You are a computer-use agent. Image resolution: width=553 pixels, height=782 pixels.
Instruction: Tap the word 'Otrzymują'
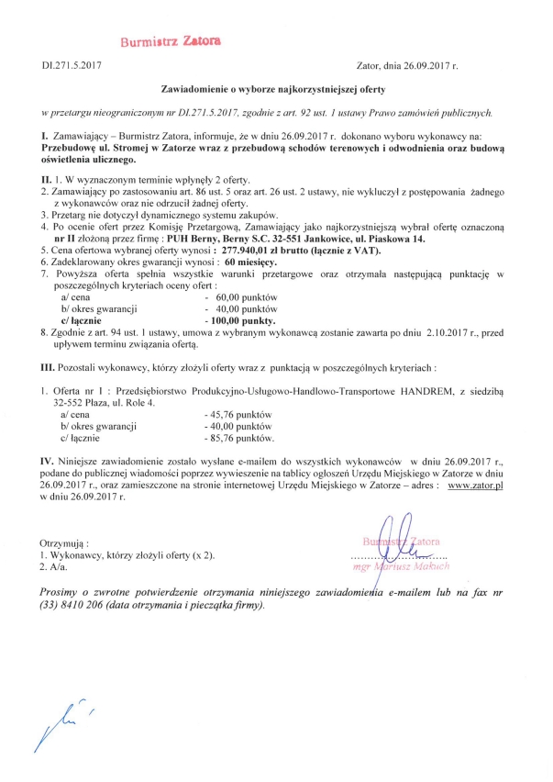coord(72,543)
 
